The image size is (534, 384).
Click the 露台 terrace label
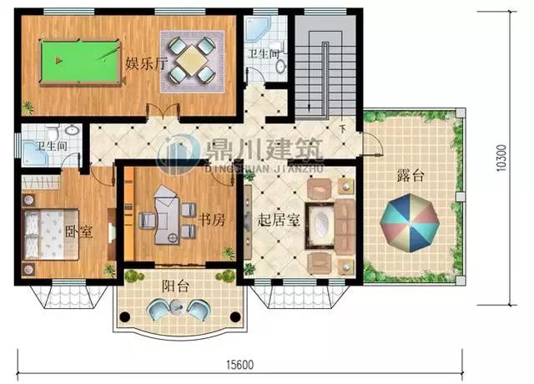point(409,175)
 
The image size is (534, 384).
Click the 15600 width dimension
point(239,365)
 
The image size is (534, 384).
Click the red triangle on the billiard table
point(58,59)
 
